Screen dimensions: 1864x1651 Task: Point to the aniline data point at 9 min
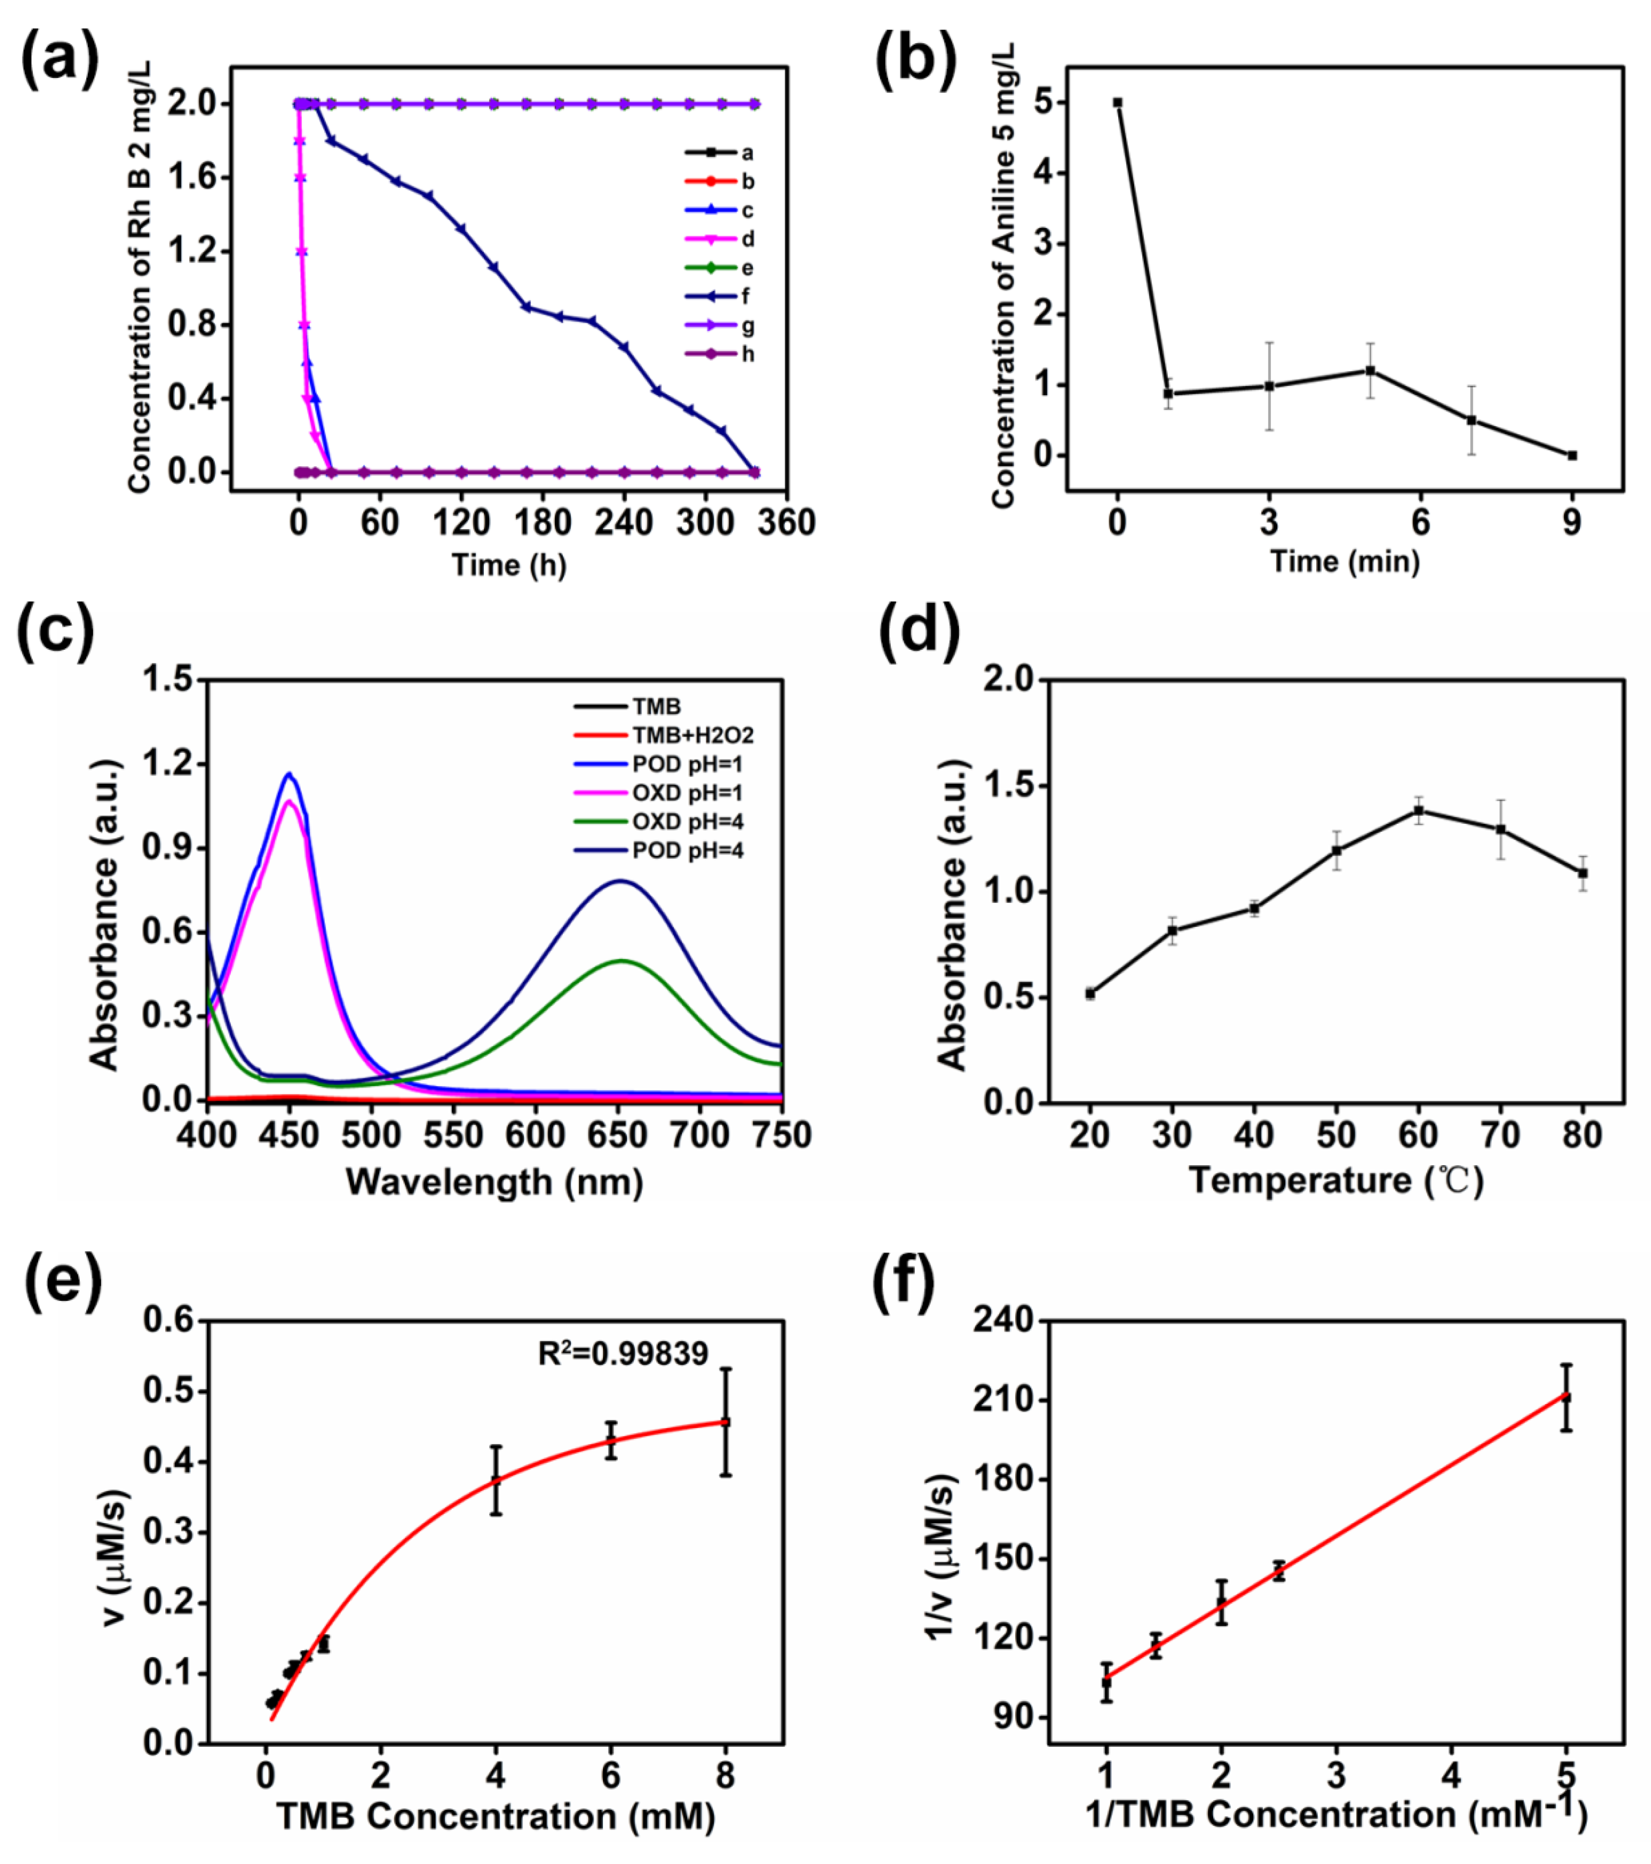point(1572,455)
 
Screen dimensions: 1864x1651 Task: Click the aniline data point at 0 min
point(1118,103)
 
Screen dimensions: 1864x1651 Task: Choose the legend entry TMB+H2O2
point(693,735)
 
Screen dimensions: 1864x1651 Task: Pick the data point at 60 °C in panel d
point(1419,810)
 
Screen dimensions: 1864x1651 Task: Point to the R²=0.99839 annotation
point(623,1354)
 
